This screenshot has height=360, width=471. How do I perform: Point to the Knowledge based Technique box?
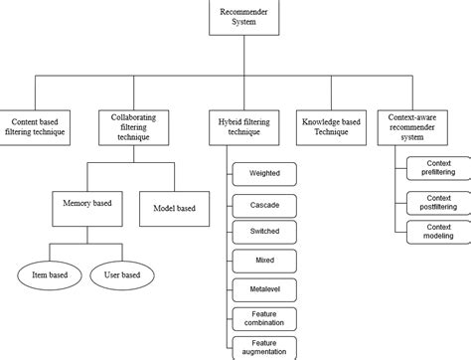(x=332, y=127)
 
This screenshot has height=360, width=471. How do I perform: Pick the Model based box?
(x=175, y=209)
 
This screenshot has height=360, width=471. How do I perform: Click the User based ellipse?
(x=123, y=274)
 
